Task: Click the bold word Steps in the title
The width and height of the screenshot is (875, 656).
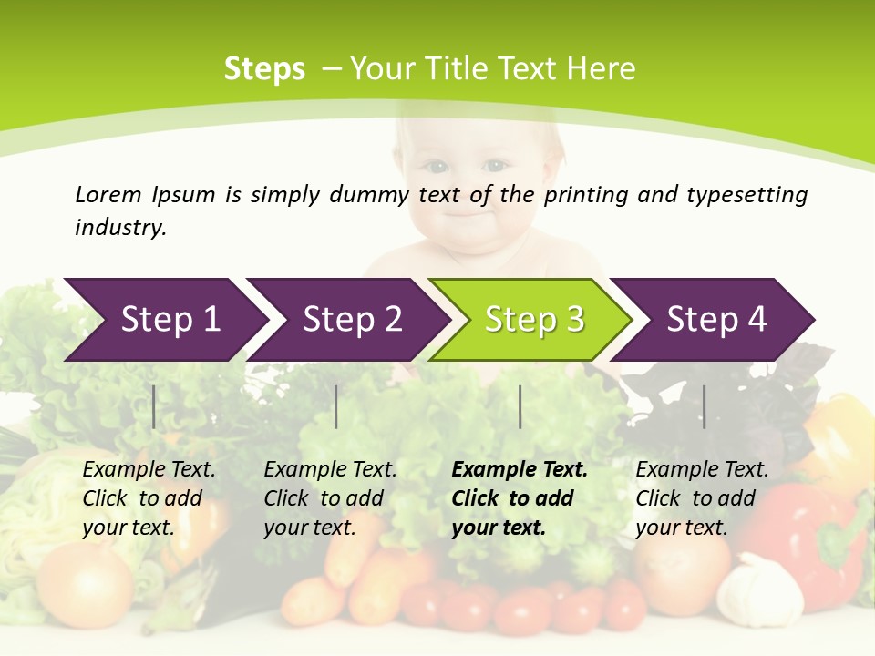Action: point(264,69)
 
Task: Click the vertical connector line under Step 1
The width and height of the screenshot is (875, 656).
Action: point(154,406)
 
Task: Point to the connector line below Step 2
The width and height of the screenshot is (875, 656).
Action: point(336,406)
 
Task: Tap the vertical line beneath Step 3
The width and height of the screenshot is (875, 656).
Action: point(520,406)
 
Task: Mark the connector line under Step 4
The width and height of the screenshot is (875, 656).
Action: point(704,406)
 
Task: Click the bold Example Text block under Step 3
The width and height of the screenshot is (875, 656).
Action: point(520,498)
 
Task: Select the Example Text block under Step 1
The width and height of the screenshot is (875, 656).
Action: point(149,498)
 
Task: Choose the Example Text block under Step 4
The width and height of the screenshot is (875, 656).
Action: point(702,498)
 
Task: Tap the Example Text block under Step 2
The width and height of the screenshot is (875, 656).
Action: point(330,498)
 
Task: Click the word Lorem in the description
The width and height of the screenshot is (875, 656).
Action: point(108,195)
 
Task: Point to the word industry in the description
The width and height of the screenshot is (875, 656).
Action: point(120,228)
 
